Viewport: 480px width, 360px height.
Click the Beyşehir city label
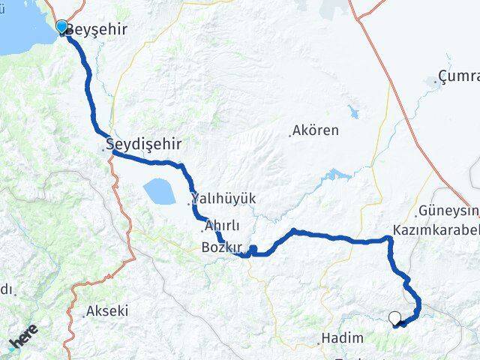click(97, 30)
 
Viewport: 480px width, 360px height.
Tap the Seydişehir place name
click(145, 143)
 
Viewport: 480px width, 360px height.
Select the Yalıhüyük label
click(224, 199)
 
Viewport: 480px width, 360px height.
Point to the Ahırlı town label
click(222, 226)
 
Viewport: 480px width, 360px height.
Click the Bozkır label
click(221, 247)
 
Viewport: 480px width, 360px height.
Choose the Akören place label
click(316, 130)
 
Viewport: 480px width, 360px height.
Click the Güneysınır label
click(450, 211)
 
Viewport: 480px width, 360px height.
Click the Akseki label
click(106, 310)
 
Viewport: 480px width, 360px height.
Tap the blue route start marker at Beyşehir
click(61, 26)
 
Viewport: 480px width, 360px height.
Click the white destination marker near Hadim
click(394, 318)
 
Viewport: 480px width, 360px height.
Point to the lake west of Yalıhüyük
click(160, 191)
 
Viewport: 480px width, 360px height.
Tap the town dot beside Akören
click(290, 135)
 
